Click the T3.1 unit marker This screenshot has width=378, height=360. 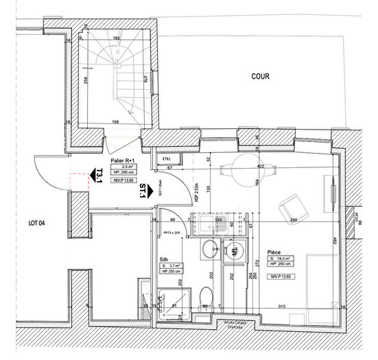(x=99, y=176)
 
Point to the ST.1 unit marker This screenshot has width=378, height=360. (x=142, y=191)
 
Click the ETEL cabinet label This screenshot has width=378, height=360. (x=165, y=158)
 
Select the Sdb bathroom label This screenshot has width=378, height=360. (x=164, y=259)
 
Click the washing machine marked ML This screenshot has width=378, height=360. (x=234, y=252)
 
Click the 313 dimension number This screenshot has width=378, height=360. (x=281, y=306)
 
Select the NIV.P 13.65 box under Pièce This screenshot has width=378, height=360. (x=281, y=276)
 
